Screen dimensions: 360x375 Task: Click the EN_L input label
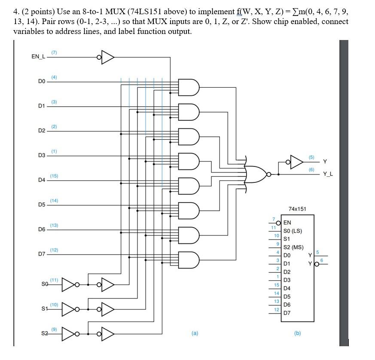(38, 57)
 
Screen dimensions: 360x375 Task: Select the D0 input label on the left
(41, 81)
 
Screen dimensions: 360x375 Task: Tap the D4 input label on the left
(41, 180)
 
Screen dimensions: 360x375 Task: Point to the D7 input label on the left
(41, 254)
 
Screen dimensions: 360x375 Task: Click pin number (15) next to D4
(54, 176)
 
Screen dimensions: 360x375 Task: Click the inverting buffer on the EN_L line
(106, 57)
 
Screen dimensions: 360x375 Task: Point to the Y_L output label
(328, 174)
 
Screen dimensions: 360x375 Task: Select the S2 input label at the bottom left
(45, 334)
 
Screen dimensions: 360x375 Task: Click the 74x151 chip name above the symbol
(297, 209)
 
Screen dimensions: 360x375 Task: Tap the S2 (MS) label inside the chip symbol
(293, 247)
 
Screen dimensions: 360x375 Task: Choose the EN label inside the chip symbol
(287, 222)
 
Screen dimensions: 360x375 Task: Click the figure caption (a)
(195, 332)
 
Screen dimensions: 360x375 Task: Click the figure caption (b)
(297, 332)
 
